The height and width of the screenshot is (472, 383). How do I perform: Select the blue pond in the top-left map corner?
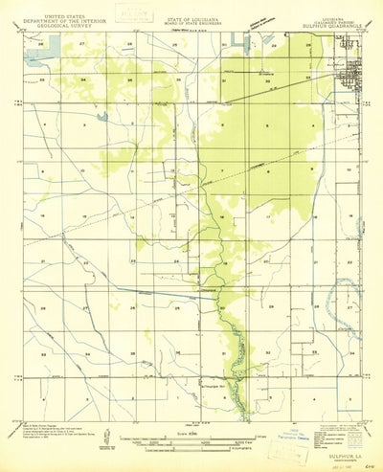40,56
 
